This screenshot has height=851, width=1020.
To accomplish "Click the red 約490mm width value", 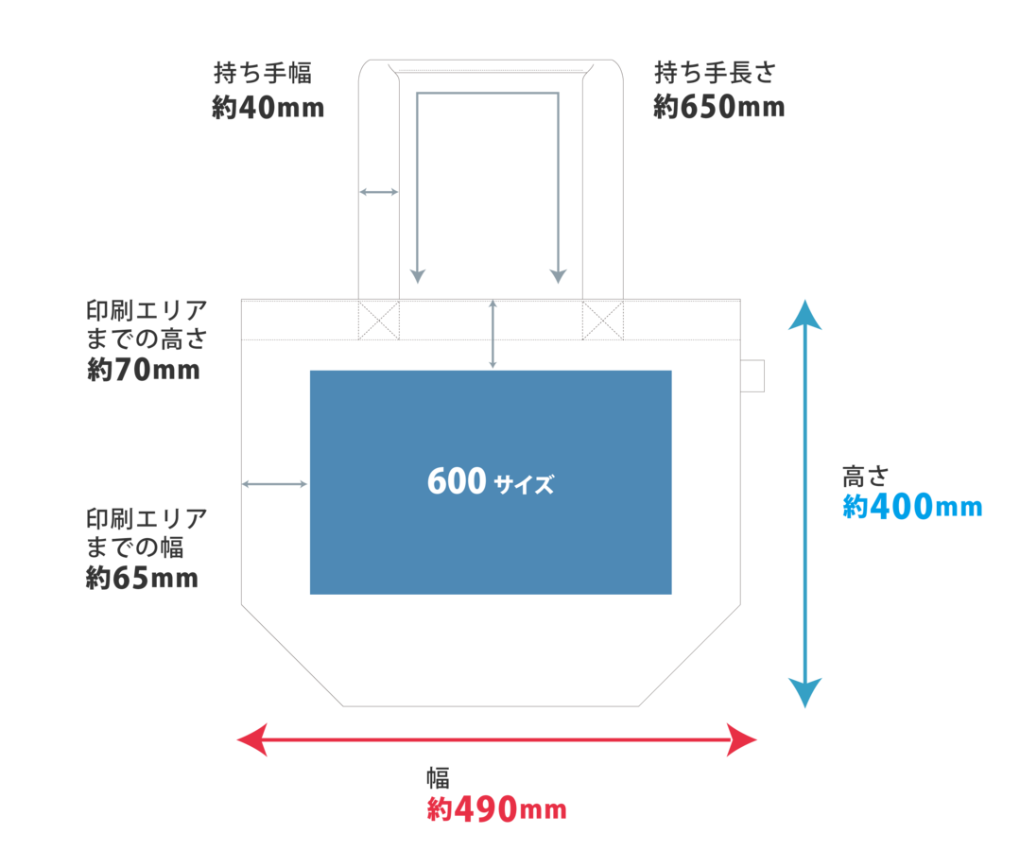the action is tap(496, 809).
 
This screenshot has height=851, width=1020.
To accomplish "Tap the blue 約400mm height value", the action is tap(912, 506).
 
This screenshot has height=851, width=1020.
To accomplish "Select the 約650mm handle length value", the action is tap(718, 107).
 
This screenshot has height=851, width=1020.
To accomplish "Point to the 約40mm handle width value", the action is tap(268, 108).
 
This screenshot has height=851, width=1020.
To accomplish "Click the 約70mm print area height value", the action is tap(143, 370).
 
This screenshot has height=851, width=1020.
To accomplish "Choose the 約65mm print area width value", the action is tap(142, 577).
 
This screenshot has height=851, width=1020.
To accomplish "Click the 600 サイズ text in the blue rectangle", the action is tap(491, 482).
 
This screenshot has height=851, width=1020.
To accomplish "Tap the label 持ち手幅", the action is tap(263, 72).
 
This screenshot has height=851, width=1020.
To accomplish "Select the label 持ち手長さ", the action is tap(715, 72).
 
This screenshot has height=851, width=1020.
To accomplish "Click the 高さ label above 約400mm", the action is tap(865, 477).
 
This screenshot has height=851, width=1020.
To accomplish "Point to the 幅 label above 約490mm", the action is tap(439, 777).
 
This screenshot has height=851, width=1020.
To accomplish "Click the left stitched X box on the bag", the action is tap(378, 321).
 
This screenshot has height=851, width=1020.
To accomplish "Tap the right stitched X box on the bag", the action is tap(603, 321).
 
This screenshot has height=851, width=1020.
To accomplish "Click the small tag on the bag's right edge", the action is tap(752, 375).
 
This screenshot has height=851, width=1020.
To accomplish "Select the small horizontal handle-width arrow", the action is tap(378, 192).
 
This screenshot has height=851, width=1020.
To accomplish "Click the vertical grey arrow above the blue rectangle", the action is tap(493, 334).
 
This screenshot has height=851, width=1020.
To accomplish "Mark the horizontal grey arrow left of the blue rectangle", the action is tap(274, 484).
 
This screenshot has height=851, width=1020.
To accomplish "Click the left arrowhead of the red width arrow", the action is tap(251, 739).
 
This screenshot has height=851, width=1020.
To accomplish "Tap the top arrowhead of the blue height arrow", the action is tap(805, 314).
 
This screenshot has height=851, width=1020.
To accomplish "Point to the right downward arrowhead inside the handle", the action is tap(558, 276).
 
